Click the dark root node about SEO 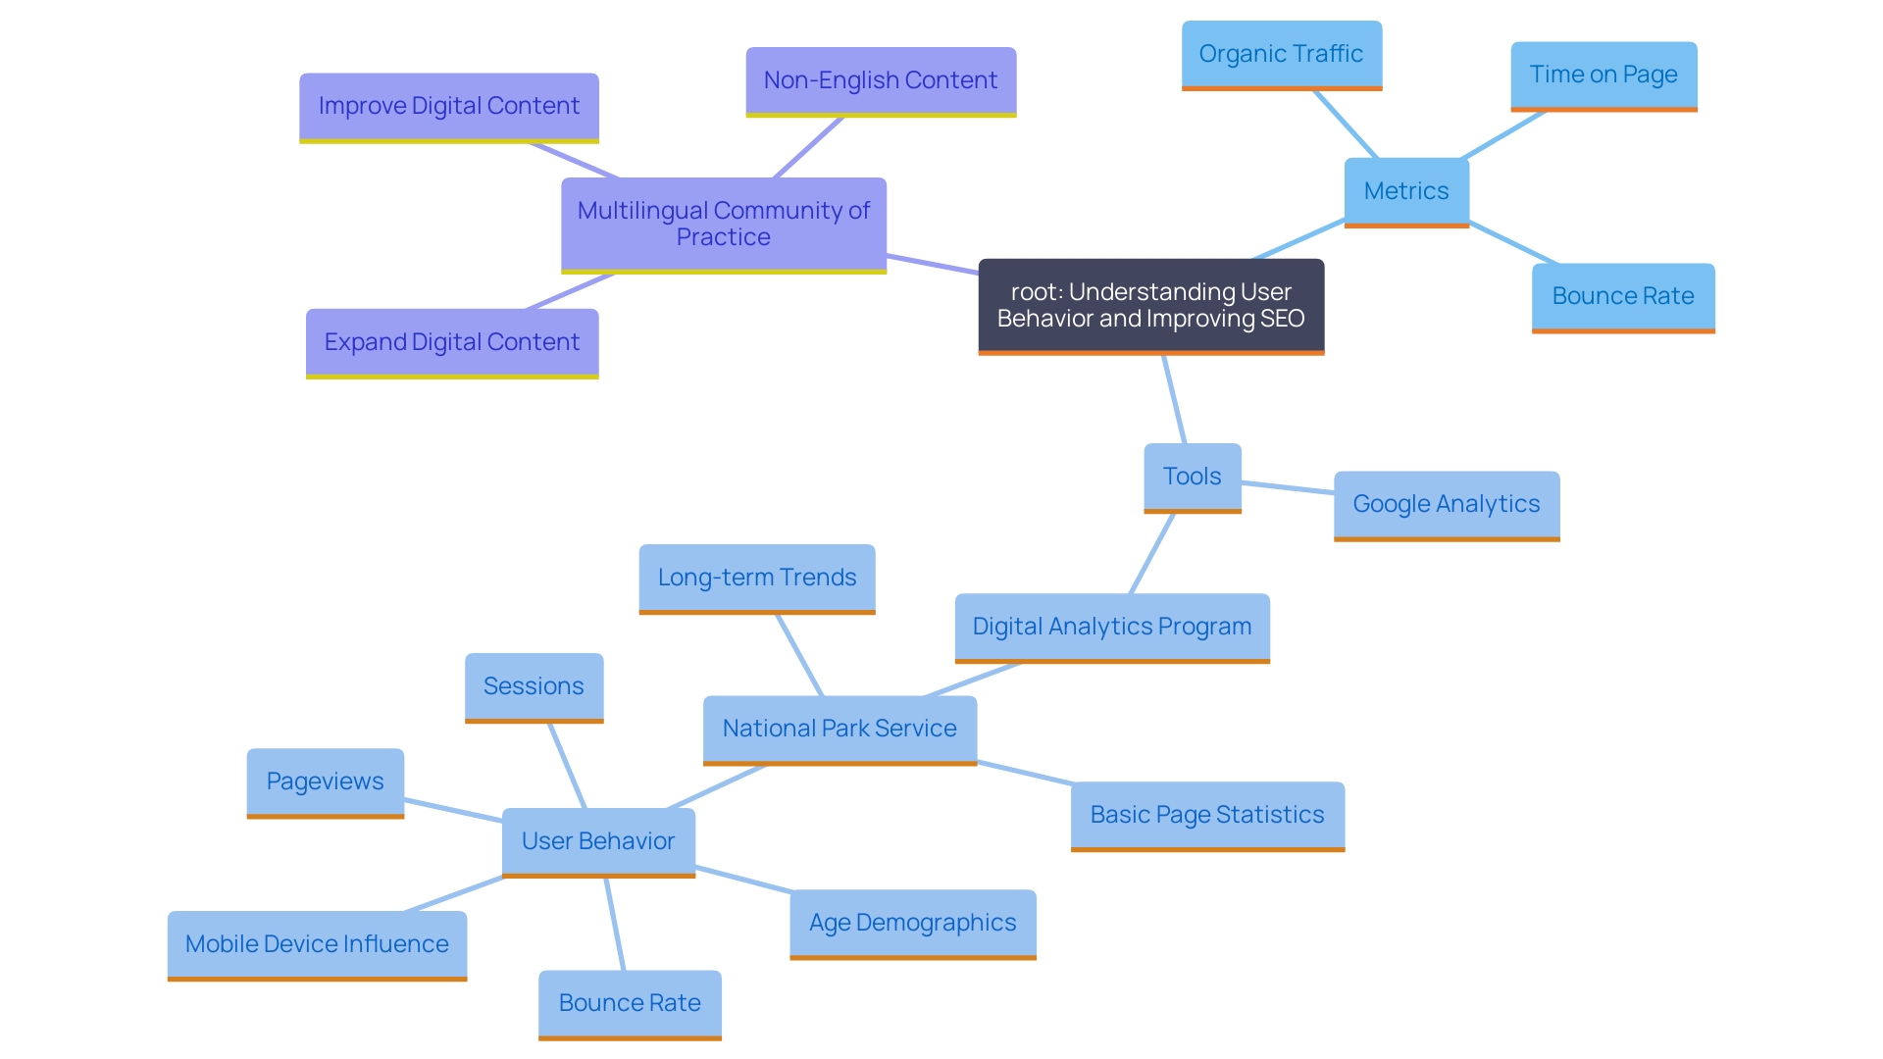(1150, 305)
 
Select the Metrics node (1405, 191)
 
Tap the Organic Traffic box (1281, 54)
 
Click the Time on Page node (1603, 75)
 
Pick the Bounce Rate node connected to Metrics (1623, 296)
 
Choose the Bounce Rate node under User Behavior (630, 1003)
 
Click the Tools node (1192, 477)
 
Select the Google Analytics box (1446, 504)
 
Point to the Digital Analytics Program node (1111, 627)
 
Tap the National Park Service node (840, 729)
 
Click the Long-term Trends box (756, 578)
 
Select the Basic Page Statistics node (1206, 815)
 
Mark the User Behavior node (598, 841)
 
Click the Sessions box (534, 686)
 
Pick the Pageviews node (325, 782)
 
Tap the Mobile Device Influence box (317, 944)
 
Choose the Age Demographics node (912, 923)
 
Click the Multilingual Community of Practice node (723, 224)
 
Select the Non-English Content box (880, 80)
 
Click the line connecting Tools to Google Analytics (1288, 487)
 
